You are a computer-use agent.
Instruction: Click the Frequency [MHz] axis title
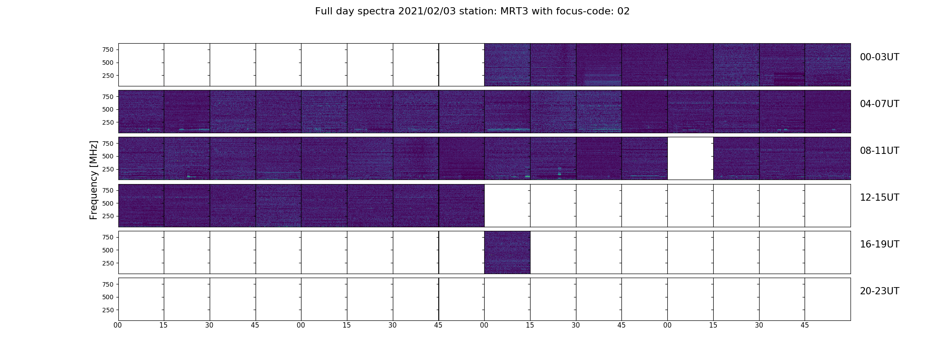(94, 180)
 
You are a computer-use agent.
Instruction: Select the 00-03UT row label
(879, 57)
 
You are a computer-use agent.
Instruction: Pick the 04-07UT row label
(879, 104)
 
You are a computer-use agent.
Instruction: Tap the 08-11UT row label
(879, 151)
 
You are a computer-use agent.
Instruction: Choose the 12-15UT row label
(879, 198)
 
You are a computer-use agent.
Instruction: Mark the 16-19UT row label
(879, 244)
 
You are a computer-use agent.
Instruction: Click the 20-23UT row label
(879, 291)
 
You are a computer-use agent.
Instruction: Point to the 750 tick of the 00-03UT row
(108, 49)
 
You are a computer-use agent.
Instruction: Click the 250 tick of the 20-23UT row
(108, 310)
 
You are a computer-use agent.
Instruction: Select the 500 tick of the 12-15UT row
(108, 203)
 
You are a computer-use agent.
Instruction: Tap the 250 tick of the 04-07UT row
(108, 122)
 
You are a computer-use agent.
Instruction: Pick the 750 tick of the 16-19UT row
(108, 237)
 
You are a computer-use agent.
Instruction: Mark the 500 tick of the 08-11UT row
(108, 156)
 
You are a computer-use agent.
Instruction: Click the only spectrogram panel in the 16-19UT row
(507, 252)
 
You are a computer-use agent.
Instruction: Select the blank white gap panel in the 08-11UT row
(690, 158)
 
